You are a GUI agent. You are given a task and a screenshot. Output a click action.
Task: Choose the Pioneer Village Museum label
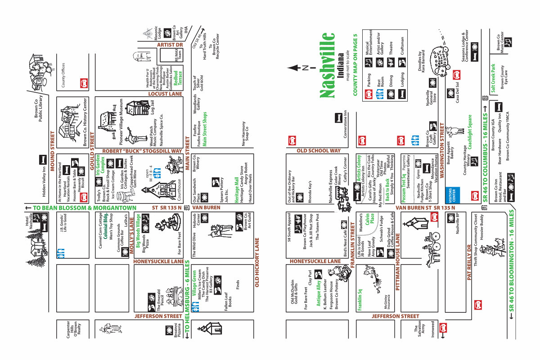[121, 119]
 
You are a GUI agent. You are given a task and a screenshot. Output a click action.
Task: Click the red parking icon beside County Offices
[83, 83]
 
